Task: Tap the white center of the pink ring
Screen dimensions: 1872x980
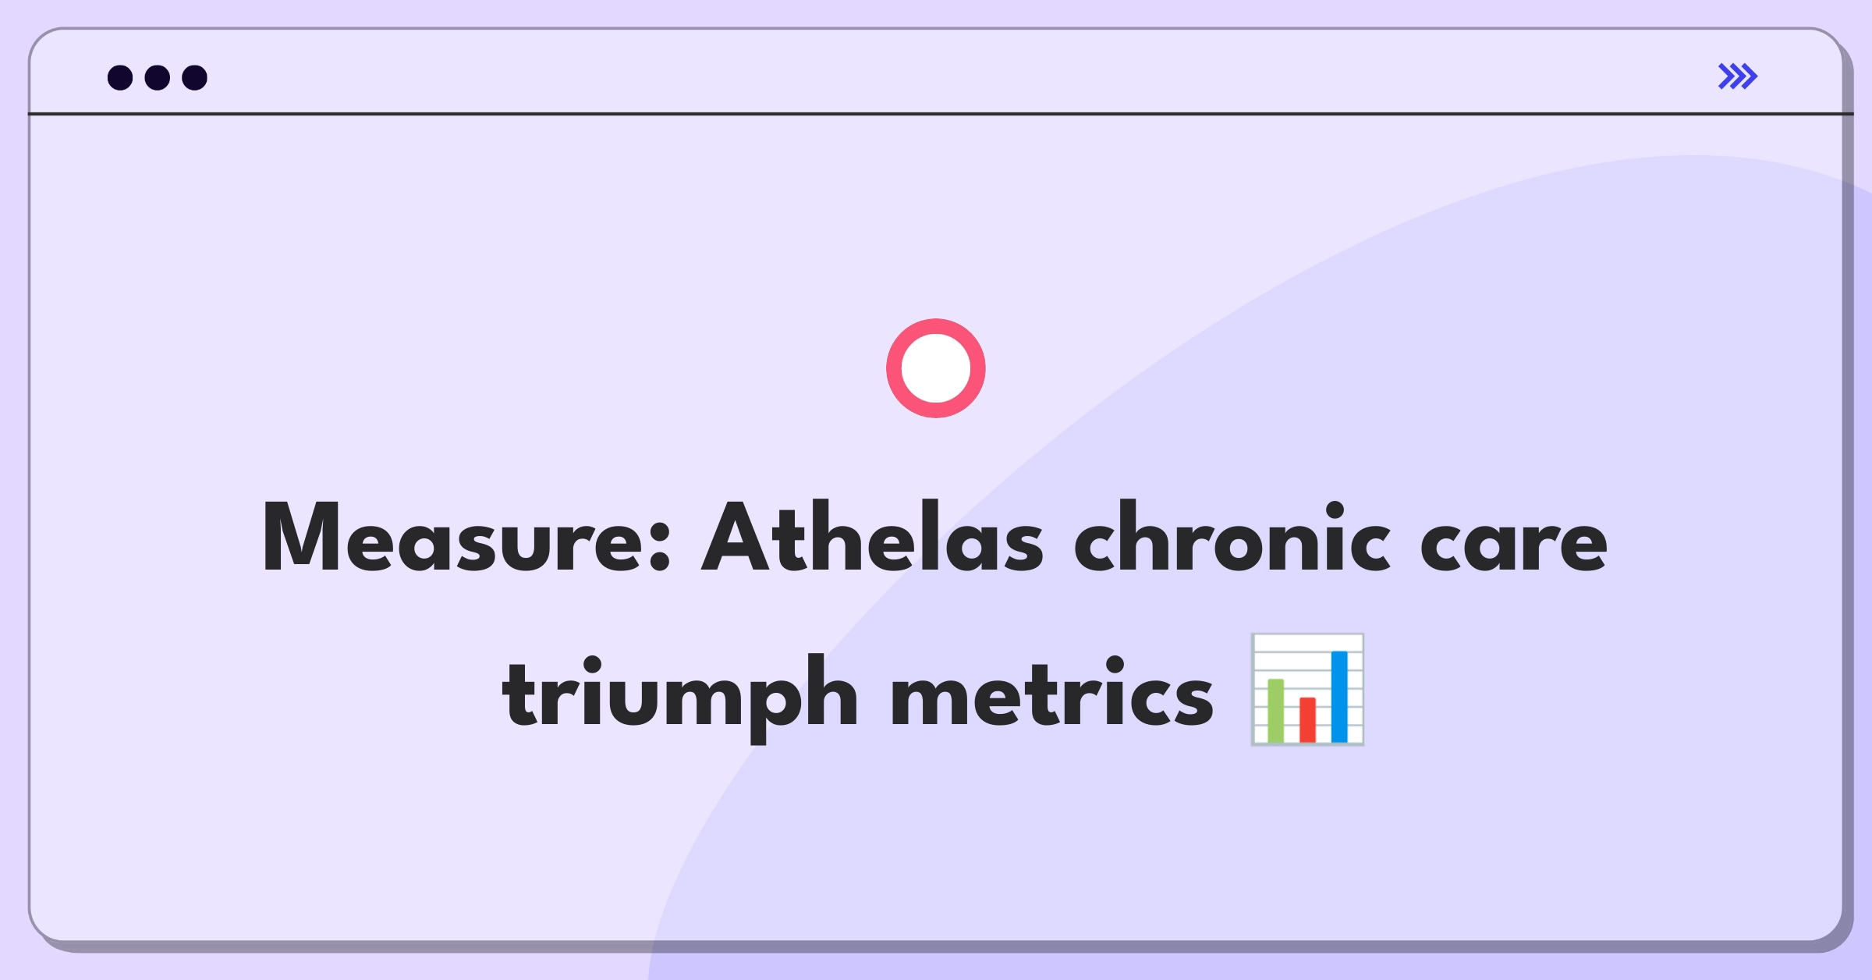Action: click(936, 368)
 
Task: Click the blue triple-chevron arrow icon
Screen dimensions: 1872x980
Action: click(1738, 76)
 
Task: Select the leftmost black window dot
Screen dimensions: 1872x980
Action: click(120, 77)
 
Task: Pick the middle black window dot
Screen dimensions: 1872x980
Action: click(158, 77)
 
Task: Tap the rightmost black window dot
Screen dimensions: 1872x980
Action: click(195, 77)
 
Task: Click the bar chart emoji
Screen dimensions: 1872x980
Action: click(1308, 690)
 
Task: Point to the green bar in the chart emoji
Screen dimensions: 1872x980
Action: click(1276, 711)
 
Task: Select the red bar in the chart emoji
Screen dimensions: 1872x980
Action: click(1308, 719)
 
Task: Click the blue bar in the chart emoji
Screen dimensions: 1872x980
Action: click(1339, 697)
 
